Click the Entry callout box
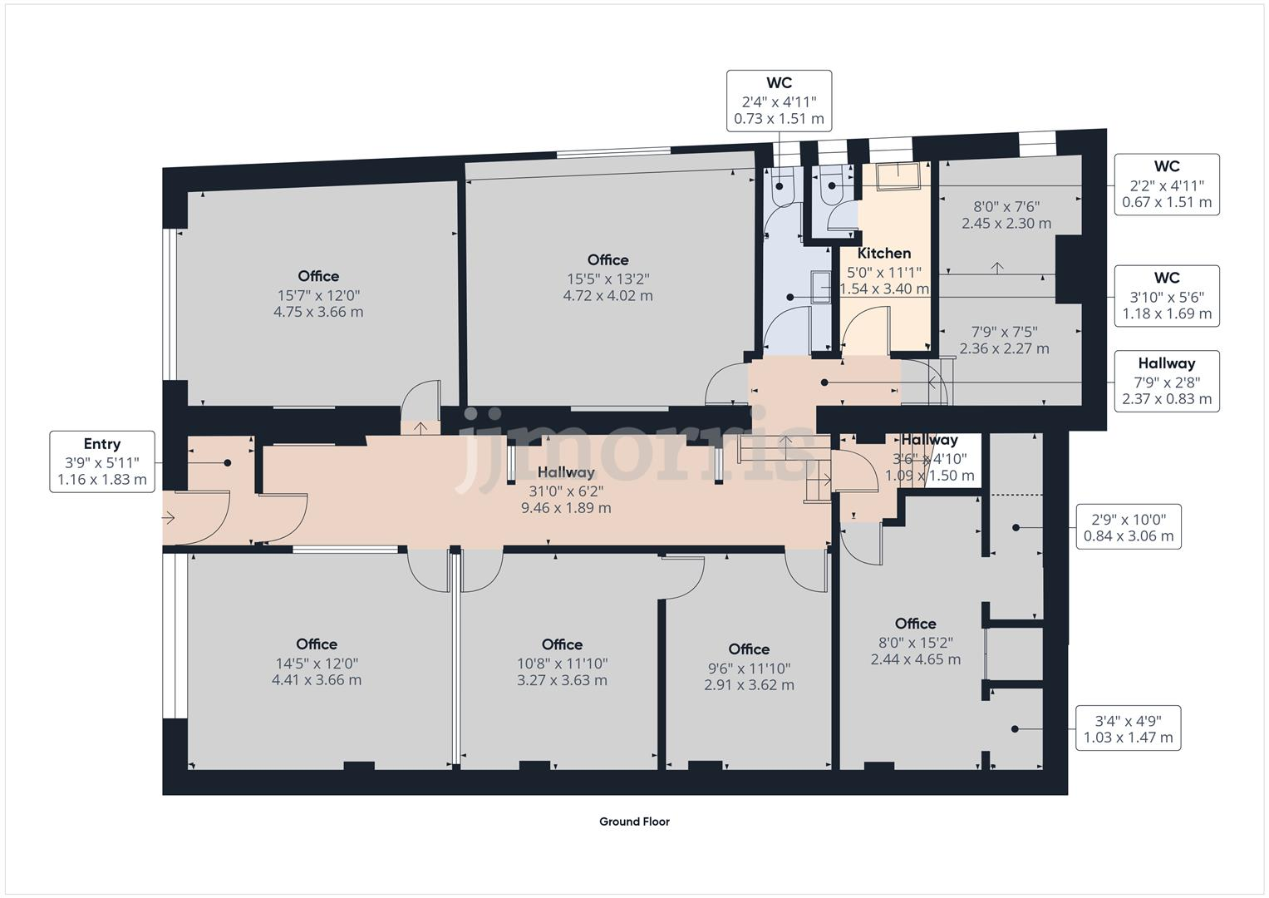(x=101, y=461)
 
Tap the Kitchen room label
(x=884, y=254)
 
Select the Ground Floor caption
(x=634, y=822)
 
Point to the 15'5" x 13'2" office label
(x=607, y=278)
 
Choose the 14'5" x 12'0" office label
(x=317, y=662)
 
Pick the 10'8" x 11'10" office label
(x=562, y=662)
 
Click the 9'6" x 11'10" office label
(x=749, y=667)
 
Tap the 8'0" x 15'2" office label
(x=916, y=641)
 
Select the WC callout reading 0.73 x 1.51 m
(x=779, y=101)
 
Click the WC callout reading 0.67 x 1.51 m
(x=1166, y=185)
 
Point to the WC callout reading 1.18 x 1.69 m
(x=1166, y=296)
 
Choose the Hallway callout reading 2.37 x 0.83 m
(x=1166, y=381)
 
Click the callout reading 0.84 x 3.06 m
(x=1128, y=526)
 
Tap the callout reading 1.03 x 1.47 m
(x=1128, y=728)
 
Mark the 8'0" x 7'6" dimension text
(x=1006, y=215)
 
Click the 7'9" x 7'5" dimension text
(x=1004, y=340)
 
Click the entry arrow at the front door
(x=169, y=518)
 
